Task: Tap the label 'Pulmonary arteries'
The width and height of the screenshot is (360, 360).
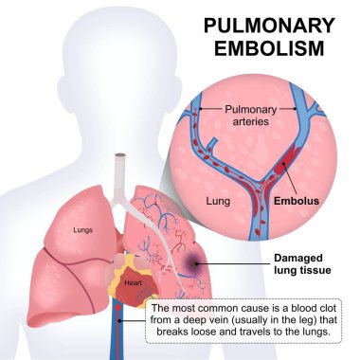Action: [x=261, y=115]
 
